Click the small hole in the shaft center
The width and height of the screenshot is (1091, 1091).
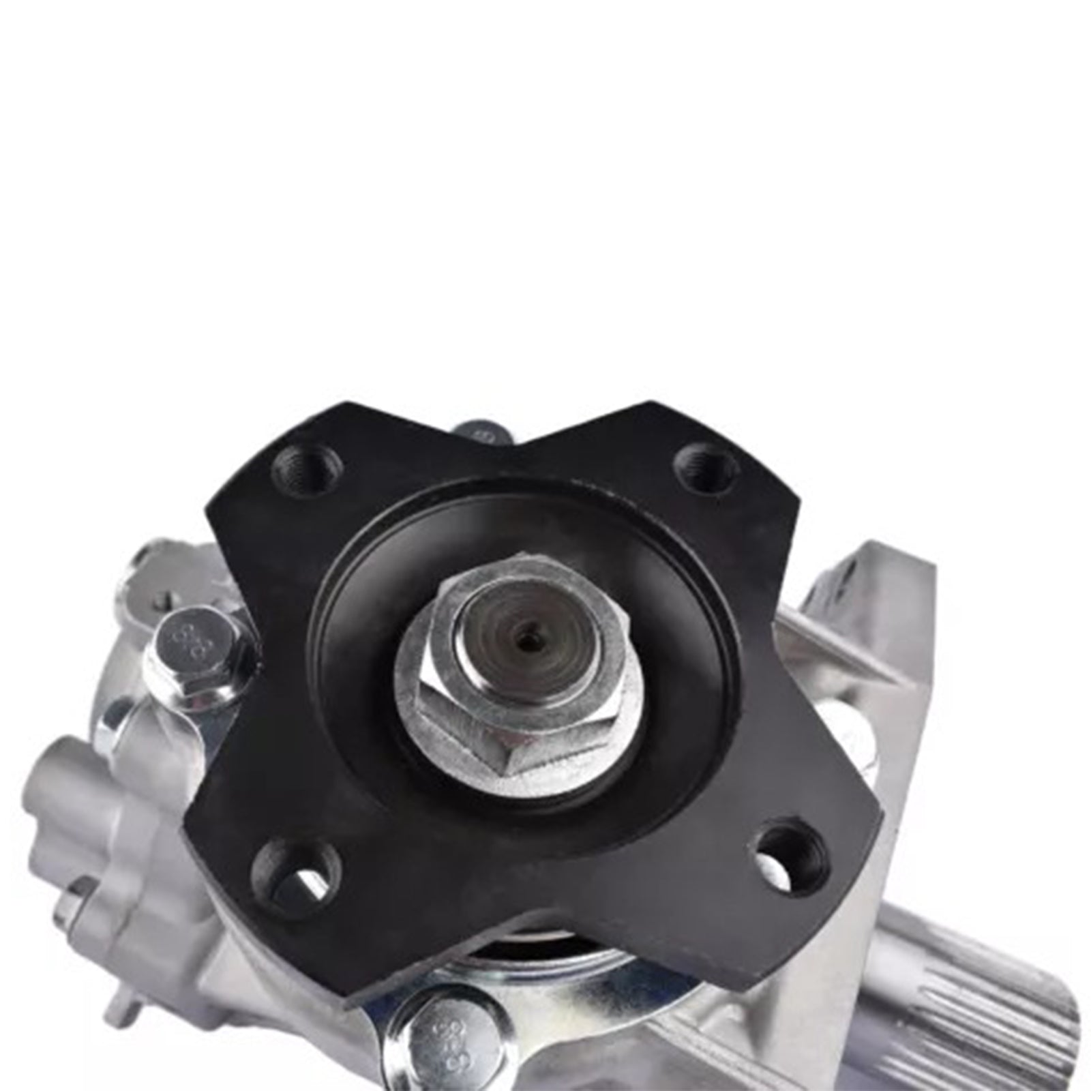526,640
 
